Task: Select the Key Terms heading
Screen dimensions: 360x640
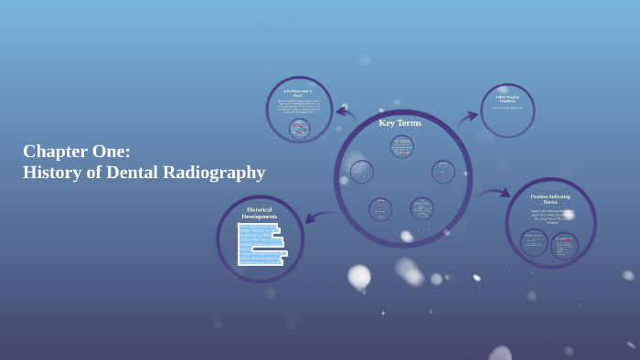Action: (x=400, y=122)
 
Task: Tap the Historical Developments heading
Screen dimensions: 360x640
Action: (x=260, y=213)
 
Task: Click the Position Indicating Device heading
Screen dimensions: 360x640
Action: (x=550, y=198)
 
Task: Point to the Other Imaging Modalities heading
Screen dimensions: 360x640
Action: (x=507, y=99)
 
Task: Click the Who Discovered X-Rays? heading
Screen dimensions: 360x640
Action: (x=298, y=93)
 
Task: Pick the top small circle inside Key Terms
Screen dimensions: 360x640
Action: (x=401, y=146)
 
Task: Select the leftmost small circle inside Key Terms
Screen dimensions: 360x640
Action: (x=362, y=172)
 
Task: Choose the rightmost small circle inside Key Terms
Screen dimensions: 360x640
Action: (x=443, y=172)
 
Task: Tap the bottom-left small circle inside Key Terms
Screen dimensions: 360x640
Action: (x=380, y=209)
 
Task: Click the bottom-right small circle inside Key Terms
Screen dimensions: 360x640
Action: (x=421, y=208)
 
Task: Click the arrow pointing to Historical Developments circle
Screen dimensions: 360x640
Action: (x=320, y=217)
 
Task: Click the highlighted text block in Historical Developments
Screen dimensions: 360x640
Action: (x=261, y=244)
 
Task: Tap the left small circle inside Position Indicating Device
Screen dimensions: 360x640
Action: (x=534, y=242)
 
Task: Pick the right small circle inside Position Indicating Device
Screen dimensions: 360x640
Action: (x=564, y=245)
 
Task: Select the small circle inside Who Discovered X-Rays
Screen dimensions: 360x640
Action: (x=299, y=128)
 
